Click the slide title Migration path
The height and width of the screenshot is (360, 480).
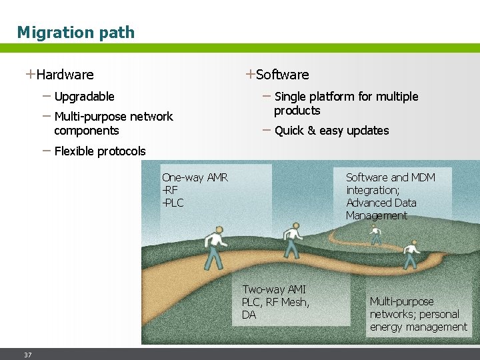[75, 32]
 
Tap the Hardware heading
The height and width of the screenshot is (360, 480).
[65, 75]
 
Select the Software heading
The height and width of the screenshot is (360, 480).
[282, 75]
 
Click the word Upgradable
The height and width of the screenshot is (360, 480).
[84, 97]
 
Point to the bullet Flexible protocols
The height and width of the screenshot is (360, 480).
[99, 151]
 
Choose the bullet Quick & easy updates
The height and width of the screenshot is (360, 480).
[331, 131]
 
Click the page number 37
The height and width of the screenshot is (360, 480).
[27, 355]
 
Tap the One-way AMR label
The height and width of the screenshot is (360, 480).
[195, 177]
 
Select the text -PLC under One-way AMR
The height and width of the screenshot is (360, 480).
[173, 203]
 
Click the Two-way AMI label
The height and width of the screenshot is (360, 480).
[274, 289]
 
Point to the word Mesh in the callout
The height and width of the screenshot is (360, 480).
[295, 302]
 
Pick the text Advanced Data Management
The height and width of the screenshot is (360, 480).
[381, 209]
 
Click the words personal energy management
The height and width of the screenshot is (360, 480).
[419, 321]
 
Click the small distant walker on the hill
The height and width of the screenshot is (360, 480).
[376, 234]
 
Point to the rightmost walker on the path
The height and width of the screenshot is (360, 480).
[411, 255]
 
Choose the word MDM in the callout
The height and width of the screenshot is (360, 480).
[423, 177]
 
